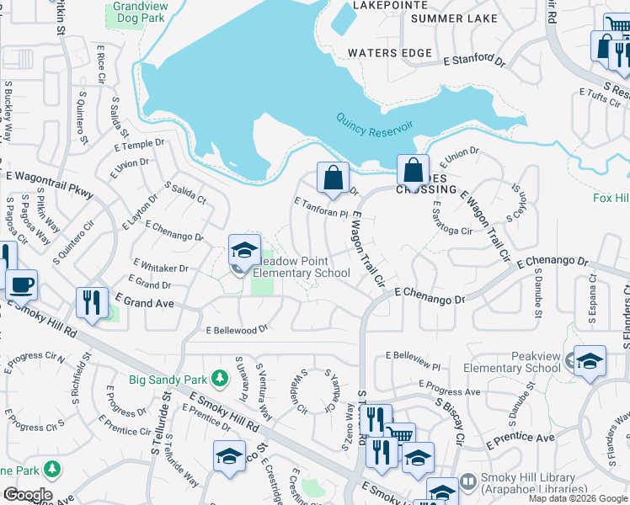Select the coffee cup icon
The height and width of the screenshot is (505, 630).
[x=22, y=285]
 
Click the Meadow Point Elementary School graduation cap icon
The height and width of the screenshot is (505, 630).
[x=244, y=250]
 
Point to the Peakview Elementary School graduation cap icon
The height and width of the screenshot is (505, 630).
[x=590, y=361]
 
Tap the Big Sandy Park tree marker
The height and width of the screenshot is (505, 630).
[x=221, y=379]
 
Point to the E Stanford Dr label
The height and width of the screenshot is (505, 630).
[x=474, y=61]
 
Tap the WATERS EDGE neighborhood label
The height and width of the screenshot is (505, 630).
[x=390, y=53]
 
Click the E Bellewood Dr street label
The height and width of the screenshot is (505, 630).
[x=237, y=330]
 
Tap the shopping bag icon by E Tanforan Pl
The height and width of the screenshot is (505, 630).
[x=333, y=178]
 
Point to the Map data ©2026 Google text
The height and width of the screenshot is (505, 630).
[x=578, y=498]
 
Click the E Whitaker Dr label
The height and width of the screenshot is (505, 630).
[x=160, y=268]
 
